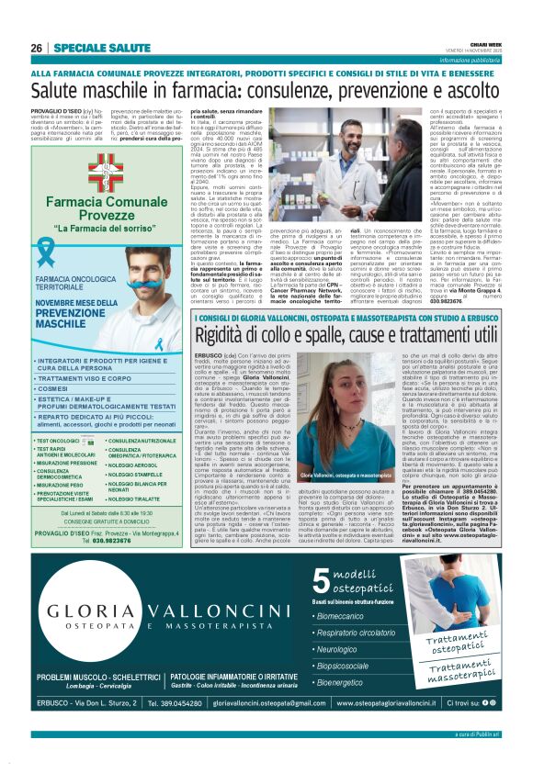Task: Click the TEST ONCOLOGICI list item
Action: point(57,441)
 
